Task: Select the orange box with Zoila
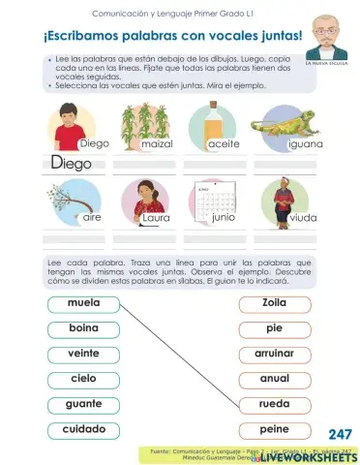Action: click(x=275, y=303)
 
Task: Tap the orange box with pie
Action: click(x=275, y=328)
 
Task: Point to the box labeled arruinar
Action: click(x=275, y=354)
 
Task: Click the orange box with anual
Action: click(x=275, y=379)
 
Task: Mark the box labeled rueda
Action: click(x=275, y=404)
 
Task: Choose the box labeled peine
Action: click(x=275, y=429)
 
